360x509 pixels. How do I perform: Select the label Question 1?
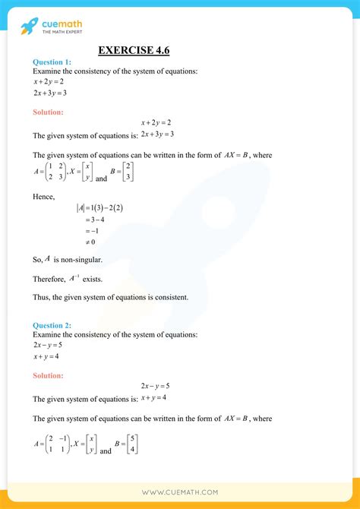coord(52,62)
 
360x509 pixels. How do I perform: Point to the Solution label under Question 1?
coord(48,112)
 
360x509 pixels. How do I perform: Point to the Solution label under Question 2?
coord(48,375)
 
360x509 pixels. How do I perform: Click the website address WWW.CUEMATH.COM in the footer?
coord(179,492)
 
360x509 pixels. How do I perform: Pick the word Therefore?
coord(51,279)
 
